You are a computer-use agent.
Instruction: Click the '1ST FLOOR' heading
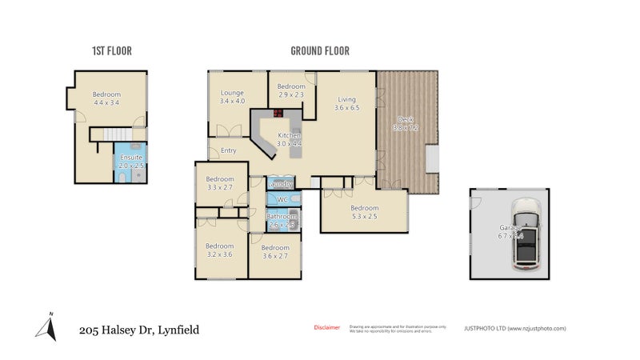(x=111, y=51)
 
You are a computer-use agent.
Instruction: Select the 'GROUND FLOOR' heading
(x=319, y=51)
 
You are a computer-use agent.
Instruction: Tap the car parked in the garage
(x=527, y=233)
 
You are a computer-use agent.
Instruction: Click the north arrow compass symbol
(x=47, y=326)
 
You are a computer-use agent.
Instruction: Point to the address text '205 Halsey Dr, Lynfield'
(x=138, y=329)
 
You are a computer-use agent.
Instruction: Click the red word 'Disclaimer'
(x=326, y=327)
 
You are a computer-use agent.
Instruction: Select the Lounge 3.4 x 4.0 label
(x=234, y=97)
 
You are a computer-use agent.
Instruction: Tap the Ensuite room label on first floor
(x=130, y=162)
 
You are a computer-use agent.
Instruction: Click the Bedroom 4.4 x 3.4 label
(x=106, y=98)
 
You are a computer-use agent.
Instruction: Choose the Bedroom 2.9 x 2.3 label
(x=291, y=90)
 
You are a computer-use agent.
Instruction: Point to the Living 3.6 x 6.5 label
(x=346, y=103)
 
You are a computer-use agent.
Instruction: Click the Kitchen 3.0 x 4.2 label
(x=289, y=140)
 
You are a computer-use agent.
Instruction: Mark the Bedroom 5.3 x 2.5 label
(x=364, y=212)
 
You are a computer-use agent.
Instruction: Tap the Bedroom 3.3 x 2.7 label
(x=219, y=183)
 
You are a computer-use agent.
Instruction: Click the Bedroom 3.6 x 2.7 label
(x=275, y=252)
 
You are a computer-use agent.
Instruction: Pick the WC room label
(x=281, y=198)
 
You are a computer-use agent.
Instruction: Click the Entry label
(x=229, y=150)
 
